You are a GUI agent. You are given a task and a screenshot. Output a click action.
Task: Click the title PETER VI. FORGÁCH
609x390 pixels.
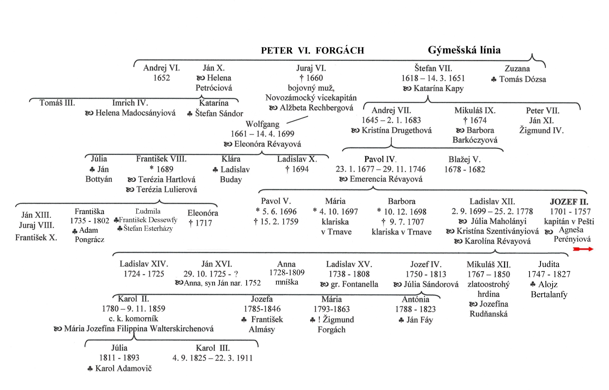click(x=312, y=50)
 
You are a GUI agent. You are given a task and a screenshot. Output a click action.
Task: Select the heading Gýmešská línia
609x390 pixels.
click(x=464, y=50)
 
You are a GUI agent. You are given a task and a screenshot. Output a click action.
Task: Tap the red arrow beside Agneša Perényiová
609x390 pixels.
click(x=583, y=249)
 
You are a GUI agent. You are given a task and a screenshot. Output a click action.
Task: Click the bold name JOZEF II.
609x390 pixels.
click(x=569, y=202)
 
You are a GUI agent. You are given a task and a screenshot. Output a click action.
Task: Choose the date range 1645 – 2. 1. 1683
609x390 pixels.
click(x=391, y=120)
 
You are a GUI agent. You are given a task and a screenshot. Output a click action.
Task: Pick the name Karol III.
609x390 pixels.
click(x=213, y=348)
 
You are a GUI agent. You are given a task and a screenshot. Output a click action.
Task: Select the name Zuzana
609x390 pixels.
click(x=517, y=69)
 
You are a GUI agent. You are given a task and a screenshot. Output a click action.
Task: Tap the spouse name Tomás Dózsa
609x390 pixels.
click(x=523, y=79)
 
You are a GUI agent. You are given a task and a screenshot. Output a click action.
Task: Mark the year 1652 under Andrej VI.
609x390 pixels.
click(x=161, y=78)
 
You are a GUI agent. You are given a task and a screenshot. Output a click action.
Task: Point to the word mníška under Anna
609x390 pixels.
click(x=287, y=282)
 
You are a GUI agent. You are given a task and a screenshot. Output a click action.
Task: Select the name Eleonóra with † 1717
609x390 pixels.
click(x=203, y=213)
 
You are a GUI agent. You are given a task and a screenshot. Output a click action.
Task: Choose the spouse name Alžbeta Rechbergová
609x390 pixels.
click(x=316, y=108)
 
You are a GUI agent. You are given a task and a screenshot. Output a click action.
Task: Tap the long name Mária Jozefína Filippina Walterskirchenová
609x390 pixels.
click(x=139, y=329)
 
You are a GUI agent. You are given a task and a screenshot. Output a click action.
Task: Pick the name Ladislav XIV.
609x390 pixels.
click(x=144, y=264)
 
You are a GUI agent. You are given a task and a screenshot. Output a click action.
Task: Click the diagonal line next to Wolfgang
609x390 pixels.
click(x=297, y=120)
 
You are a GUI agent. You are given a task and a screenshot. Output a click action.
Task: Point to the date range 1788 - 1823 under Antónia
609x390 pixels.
click(x=415, y=309)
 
